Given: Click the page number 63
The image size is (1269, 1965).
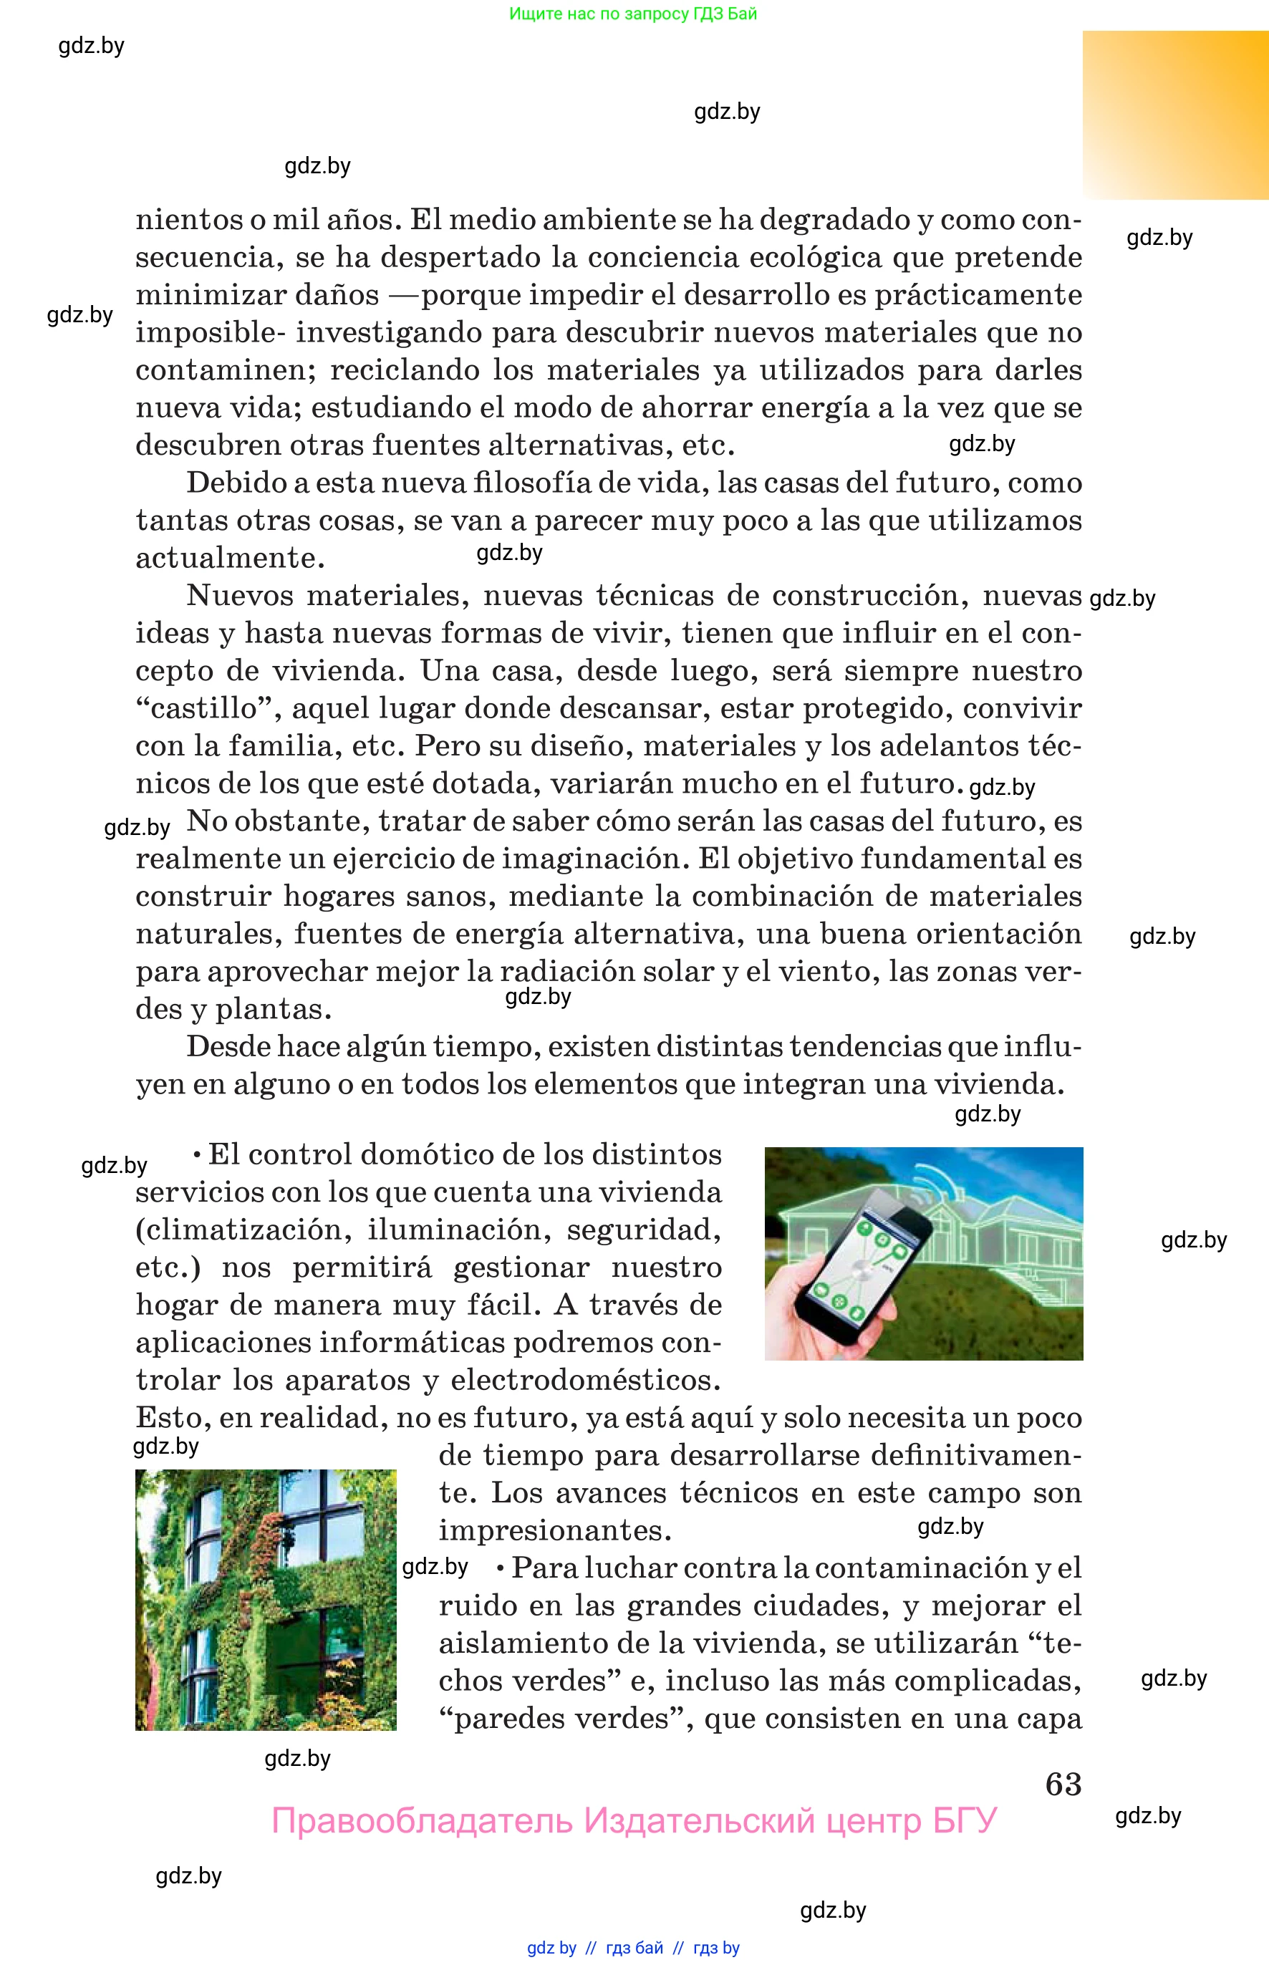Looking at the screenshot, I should (1063, 1784).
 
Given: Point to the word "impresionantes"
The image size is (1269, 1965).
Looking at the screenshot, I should (554, 1530).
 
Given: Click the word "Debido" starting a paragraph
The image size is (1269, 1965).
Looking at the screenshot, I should (236, 483).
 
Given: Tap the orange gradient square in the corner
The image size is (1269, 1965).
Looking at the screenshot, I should (1175, 115).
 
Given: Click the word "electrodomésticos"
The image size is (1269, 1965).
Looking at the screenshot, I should (585, 1380).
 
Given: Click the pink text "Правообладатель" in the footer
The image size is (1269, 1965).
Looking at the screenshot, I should (422, 1821).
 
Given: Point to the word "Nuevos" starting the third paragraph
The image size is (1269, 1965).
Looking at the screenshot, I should (240, 595).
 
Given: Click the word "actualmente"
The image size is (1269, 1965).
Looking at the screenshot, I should (230, 558).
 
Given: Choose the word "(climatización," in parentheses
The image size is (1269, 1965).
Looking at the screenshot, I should (244, 1230).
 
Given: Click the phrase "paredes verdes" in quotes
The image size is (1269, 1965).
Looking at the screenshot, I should (561, 1719).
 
